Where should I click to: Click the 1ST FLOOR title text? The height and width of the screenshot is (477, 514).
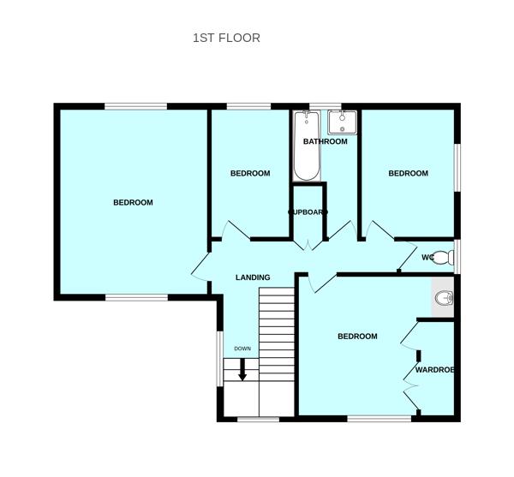coord(226,38)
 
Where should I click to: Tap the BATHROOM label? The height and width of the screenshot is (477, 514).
coord(325,141)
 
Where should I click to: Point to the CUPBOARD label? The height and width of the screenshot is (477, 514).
coord(308,212)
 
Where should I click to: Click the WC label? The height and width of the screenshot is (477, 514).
coord(427,257)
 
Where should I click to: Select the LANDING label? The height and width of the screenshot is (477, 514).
coord(253,277)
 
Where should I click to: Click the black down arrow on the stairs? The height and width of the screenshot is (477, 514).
coord(242,370)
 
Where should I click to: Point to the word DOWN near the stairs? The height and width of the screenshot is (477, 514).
coord(242,349)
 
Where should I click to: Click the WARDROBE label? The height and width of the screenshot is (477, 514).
coord(434,370)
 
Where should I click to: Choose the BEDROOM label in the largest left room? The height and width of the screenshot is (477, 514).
coord(133,203)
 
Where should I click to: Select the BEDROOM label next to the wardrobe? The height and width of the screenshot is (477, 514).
coord(357,337)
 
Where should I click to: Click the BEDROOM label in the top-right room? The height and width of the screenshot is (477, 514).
coord(408,174)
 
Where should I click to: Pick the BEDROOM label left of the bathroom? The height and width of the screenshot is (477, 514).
coord(250,174)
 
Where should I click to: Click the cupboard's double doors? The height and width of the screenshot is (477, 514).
coord(308,245)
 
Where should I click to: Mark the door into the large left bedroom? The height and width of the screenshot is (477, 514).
coord(200,267)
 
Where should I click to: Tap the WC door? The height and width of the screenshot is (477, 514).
coord(405,255)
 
